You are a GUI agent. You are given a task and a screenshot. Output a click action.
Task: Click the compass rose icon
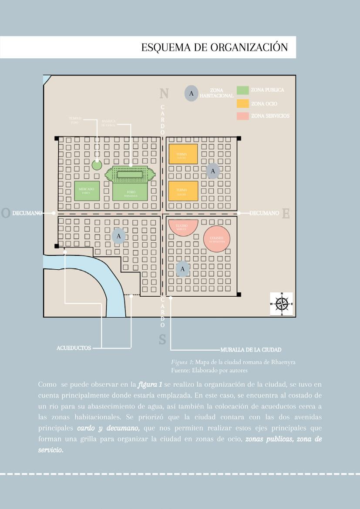[x=282, y=304]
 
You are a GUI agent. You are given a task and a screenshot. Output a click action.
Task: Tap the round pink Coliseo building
[x=216, y=238]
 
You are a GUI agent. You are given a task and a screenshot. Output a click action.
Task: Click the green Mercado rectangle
[x=87, y=191]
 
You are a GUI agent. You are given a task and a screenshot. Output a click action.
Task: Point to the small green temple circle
[x=97, y=165]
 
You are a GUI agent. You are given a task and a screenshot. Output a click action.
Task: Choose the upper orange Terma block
[x=183, y=154]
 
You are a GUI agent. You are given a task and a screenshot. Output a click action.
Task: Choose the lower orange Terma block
[x=183, y=191]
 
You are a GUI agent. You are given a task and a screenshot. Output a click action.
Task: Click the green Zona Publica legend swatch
[x=242, y=90]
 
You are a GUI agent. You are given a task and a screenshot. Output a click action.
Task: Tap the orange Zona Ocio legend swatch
[x=242, y=104]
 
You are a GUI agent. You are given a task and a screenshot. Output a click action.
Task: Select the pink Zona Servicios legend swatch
[x=242, y=116]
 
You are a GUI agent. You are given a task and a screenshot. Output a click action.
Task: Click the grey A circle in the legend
[x=191, y=93]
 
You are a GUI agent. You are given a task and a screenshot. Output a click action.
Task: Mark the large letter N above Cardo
[x=164, y=94]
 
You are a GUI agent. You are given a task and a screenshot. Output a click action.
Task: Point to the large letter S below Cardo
[x=162, y=339]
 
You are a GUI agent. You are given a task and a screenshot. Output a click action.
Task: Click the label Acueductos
[x=74, y=348]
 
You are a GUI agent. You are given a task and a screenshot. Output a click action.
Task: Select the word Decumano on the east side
[x=264, y=213]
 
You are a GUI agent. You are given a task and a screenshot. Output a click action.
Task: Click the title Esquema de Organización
[x=214, y=47]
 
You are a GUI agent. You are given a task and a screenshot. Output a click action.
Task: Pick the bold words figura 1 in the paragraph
[x=149, y=385]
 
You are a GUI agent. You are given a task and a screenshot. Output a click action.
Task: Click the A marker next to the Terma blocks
[x=213, y=171]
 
